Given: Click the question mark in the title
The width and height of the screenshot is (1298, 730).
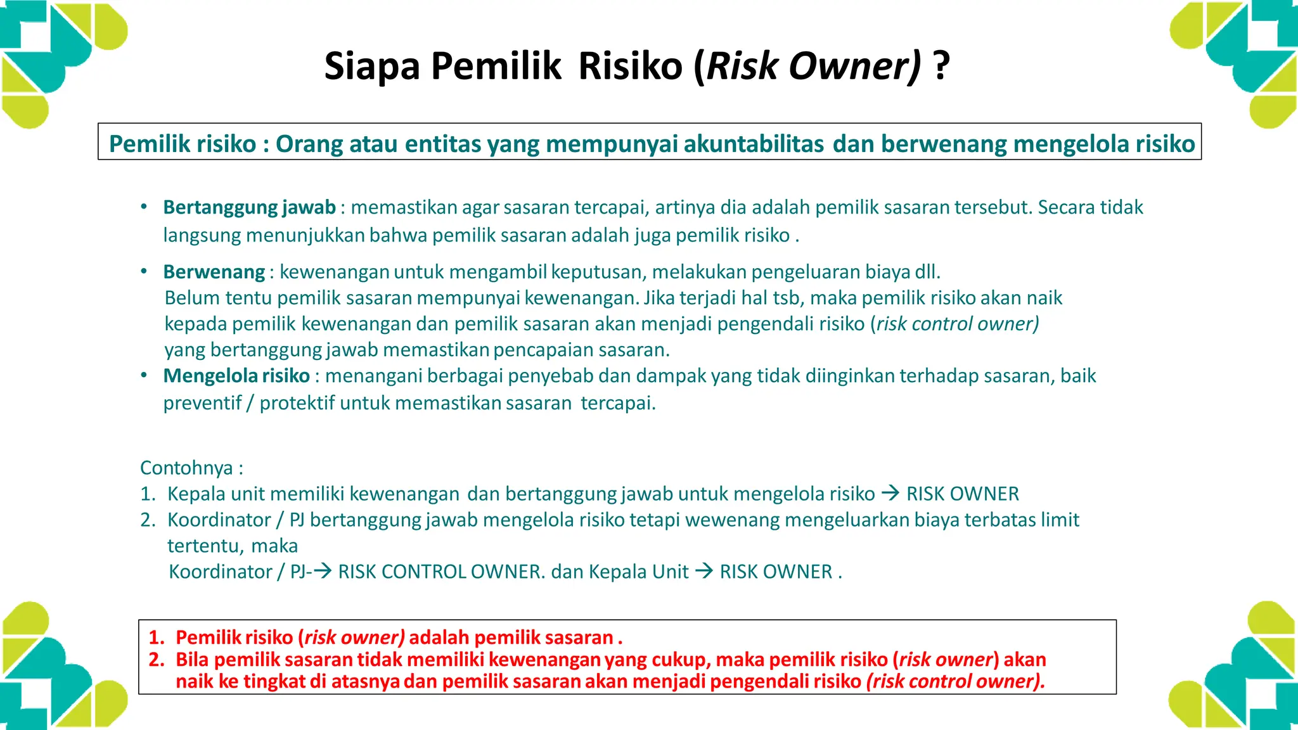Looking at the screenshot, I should pos(942,66).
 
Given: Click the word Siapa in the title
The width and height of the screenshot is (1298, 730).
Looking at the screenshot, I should pos(372,66).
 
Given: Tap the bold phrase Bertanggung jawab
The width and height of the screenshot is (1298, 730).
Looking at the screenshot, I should pos(249,207).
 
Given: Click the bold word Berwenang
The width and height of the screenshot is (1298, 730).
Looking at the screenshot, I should pos(214,272).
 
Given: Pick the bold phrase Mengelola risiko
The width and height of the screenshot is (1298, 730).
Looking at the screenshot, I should pos(236,376).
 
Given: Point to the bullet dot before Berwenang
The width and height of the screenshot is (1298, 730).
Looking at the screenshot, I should pos(144,271).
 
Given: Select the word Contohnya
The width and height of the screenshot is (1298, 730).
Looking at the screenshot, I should pos(186,468).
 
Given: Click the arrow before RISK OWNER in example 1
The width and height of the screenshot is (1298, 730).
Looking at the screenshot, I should pos(890,493).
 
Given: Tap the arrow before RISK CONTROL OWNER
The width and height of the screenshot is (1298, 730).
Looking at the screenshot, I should pos(323,571).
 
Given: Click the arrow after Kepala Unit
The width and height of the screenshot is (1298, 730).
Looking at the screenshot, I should pos(704,571).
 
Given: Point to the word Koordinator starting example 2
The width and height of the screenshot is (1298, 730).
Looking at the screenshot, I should pos(219,520).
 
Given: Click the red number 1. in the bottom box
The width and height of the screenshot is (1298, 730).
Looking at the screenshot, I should pos(156,637).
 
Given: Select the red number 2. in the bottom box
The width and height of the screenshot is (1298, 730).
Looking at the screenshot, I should pos(156,660).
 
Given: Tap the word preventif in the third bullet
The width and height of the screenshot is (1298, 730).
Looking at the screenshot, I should pos(202,403).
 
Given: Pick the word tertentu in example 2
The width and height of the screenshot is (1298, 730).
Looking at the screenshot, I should pos(205,546).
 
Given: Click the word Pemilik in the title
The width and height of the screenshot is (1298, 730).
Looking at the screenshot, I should pos(496,66).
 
